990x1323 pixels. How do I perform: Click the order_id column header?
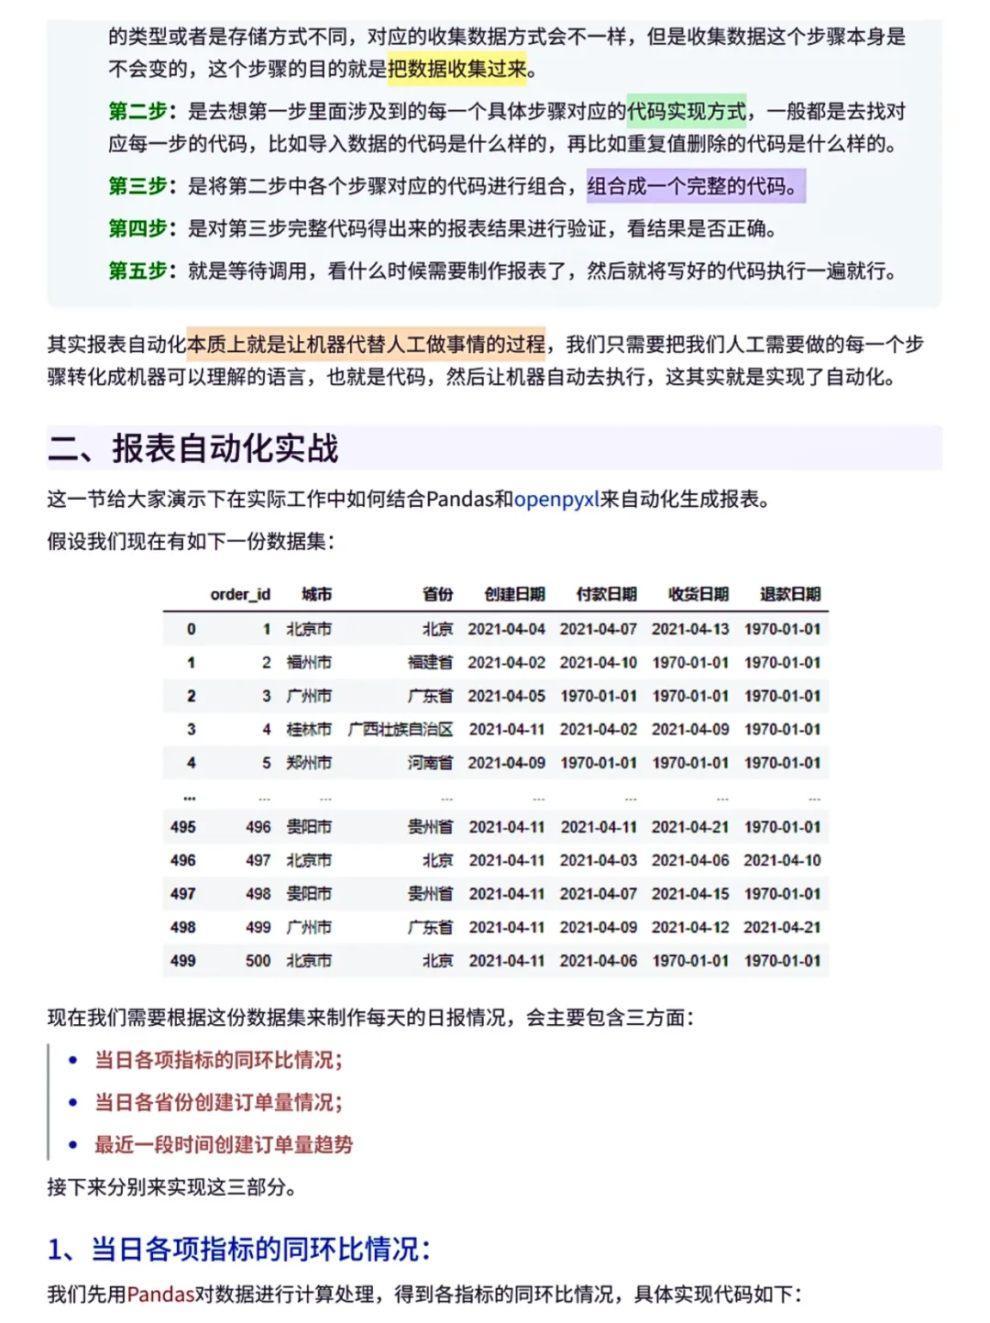tap(240, 594)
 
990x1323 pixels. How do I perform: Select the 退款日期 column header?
tap(789, 594)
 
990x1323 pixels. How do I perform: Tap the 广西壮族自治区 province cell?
tap(401, 729)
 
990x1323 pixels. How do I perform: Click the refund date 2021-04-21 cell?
tap(782, 927)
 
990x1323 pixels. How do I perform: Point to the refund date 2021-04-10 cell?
tap(782, 860)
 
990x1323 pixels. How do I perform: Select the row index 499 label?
tap(182, 960)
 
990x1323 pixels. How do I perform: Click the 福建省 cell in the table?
tap(430, 662)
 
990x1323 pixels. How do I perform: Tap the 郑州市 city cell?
tap(309, 762)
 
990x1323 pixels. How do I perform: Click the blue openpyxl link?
tap(556, 499)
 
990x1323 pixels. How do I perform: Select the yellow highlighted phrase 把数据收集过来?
tap(457, 69)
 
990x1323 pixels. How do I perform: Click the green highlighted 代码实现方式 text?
tap(687, 111)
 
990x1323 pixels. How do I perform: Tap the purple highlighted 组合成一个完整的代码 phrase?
tap(695, 186)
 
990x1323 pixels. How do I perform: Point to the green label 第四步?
tap(137, 228)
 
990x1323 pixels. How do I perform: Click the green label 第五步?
tap(137, 270)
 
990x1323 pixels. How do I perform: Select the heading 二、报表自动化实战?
tap(193, 448)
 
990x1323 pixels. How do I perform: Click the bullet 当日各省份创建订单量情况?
tap(218, 1102)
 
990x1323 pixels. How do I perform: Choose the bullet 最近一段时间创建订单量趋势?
tap(224, 1144)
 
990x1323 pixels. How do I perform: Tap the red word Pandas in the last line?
tap(160, 1294)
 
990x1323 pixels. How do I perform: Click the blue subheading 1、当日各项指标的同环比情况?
tap(238, 1249)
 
